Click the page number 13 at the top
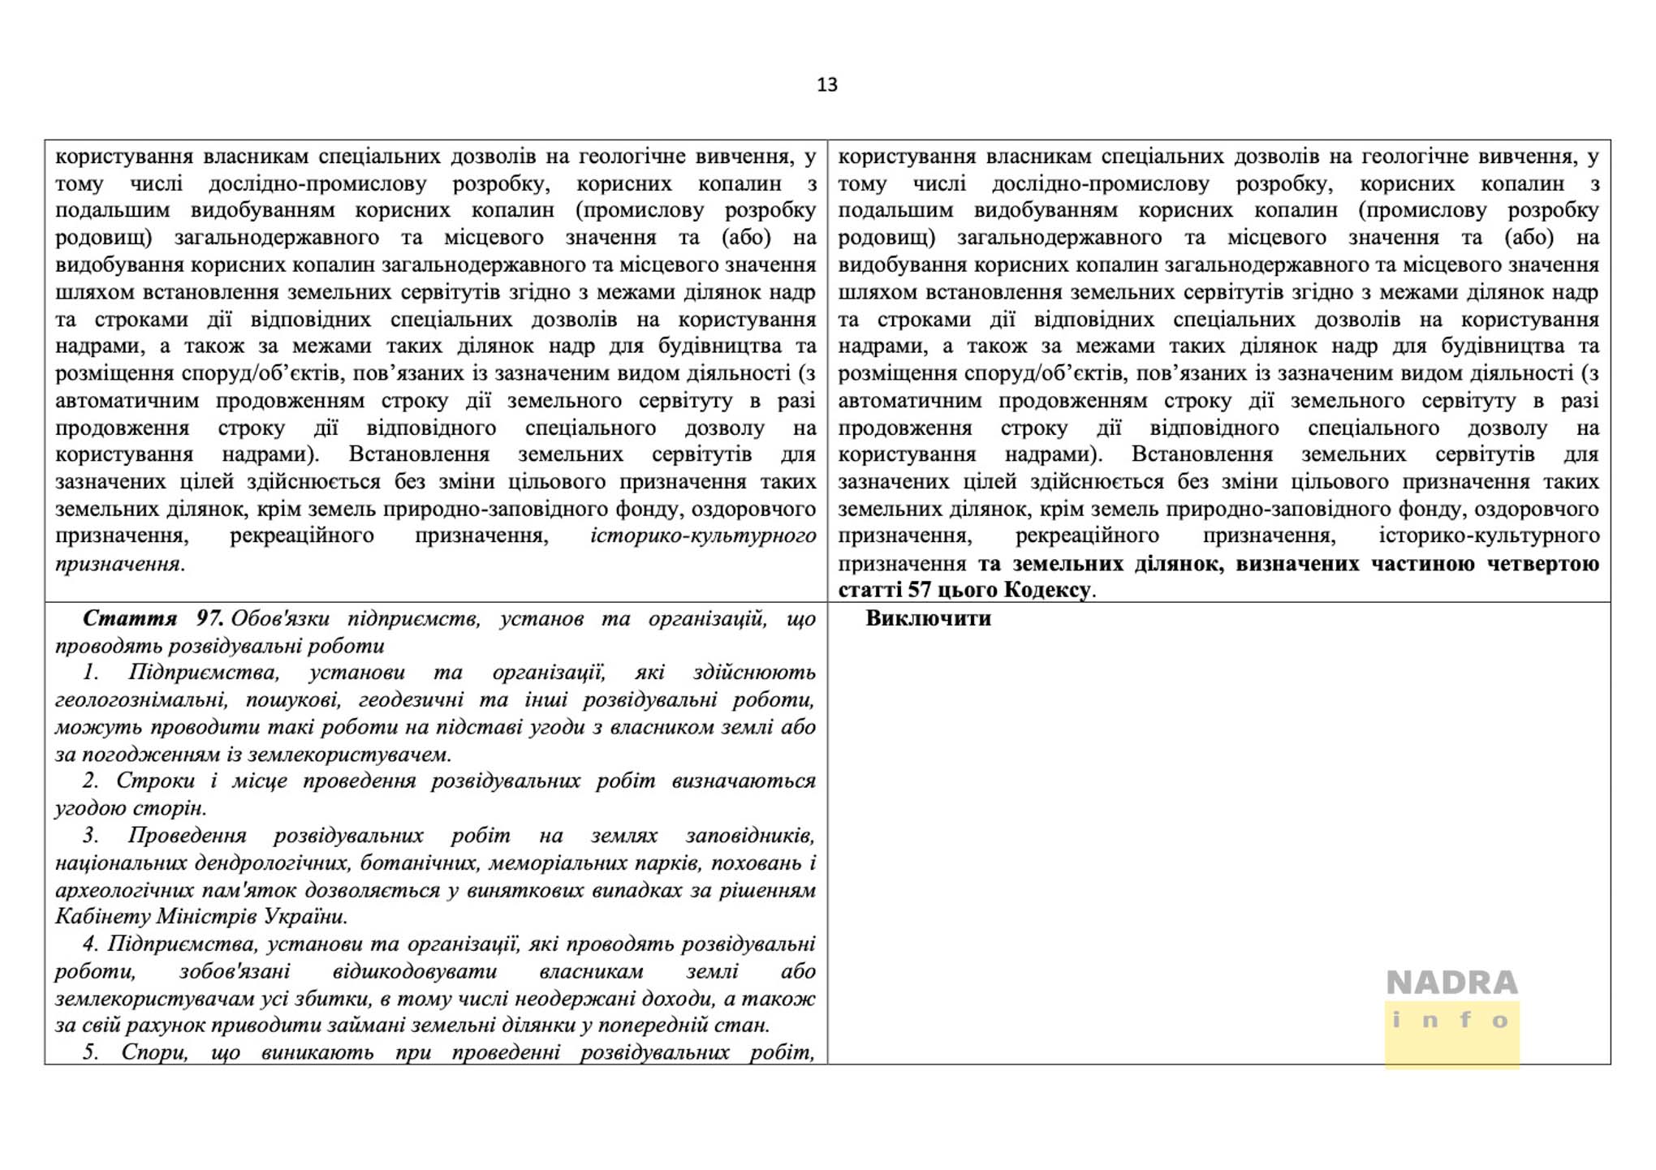click(x=826, y=84)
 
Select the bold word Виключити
click(x=928, y=618)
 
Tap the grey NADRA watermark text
click(x=1451, y=983)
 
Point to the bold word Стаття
click(x=130, y=618)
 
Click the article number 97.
click(x=209, y=618)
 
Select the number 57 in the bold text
click(x=920, y=590)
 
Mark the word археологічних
click(x=124, y=890)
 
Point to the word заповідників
click(x=750, y=835)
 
